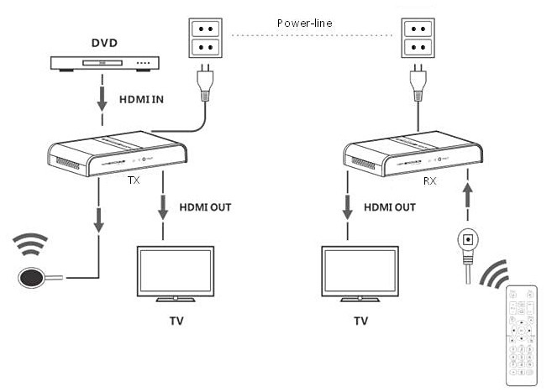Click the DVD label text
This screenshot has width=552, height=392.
104,43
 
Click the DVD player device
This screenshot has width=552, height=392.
104,64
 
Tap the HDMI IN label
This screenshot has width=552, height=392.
141,100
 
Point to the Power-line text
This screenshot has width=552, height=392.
304,24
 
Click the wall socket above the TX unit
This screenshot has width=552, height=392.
206,38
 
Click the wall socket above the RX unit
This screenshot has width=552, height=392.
418,38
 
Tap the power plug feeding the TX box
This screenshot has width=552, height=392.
206,83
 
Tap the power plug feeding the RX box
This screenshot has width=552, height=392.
418,83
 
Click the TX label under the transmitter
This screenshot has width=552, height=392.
134,180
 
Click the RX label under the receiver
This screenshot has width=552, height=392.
429,181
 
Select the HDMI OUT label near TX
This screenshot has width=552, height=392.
205,207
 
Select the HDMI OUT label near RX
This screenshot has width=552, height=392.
390,207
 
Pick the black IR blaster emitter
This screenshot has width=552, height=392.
32,277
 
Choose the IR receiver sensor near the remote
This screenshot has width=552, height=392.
468,239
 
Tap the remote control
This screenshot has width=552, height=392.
522,336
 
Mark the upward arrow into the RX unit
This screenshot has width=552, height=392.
467,196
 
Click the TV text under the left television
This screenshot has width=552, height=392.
176,321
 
